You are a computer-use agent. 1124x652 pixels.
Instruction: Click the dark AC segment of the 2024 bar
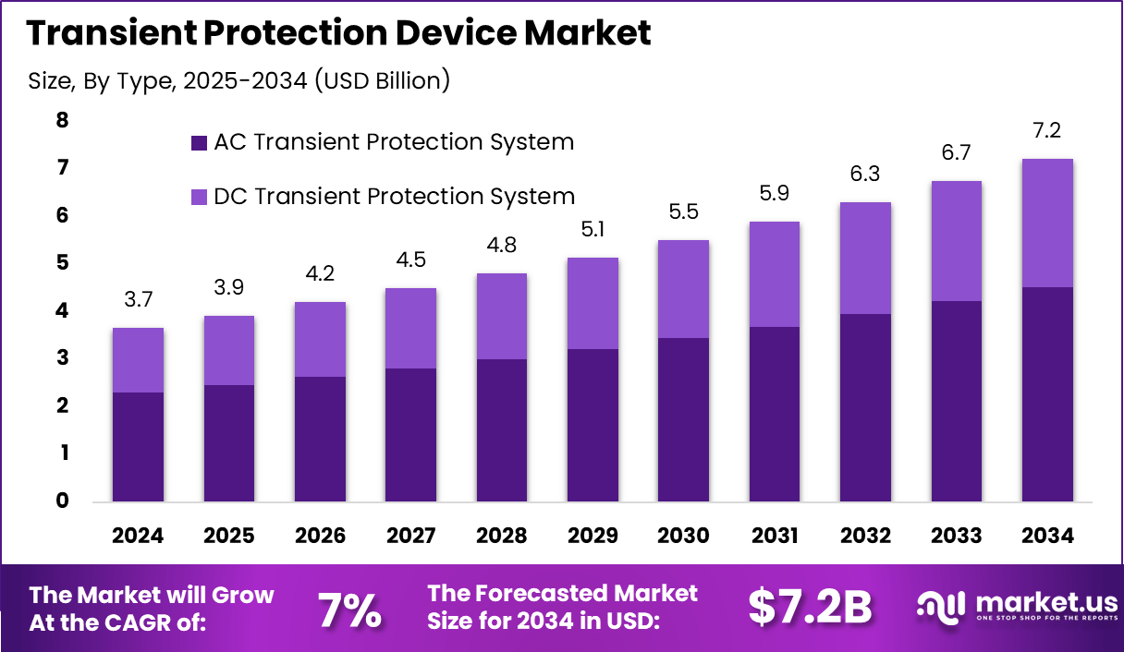point(138,447)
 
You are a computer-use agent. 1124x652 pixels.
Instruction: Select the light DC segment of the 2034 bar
point(1047,223)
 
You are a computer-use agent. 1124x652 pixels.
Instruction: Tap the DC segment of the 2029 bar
point(593,303)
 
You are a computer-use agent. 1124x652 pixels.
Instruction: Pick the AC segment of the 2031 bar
point(775,414)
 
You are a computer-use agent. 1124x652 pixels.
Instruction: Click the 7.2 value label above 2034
point(1047,129)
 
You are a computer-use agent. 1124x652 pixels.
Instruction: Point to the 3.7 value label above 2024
point(138,298)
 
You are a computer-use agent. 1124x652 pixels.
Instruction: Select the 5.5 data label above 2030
point(684,211)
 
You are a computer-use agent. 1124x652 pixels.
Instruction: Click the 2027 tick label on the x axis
point(410,536)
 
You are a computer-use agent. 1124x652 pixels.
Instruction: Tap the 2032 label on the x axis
point(865,536)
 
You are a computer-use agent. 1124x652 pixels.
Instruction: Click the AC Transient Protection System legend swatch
point(198,143)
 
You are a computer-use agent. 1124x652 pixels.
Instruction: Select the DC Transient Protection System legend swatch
point(198,197)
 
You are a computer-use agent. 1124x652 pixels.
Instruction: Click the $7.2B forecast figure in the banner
point(810,607)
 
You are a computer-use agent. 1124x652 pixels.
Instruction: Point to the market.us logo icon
point(940,606)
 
